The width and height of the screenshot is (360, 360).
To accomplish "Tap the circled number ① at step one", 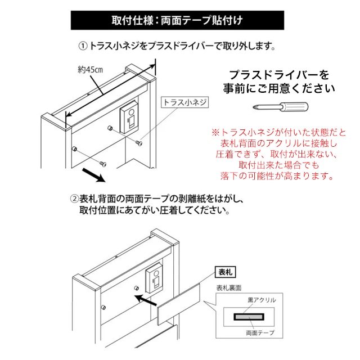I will click(82, 46).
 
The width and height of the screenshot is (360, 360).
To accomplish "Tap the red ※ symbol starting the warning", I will click(215, 133).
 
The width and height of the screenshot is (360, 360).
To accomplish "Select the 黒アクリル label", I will click(263, 300).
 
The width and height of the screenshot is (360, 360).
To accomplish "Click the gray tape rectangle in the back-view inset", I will click(249, 317).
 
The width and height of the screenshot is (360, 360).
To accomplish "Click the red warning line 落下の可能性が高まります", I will click(278, 176).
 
